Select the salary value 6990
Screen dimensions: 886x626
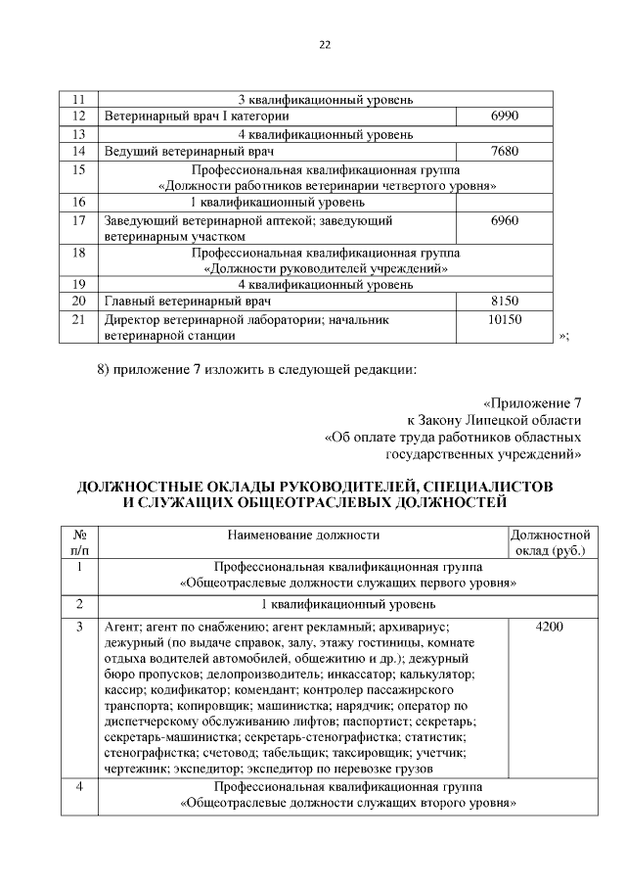point(504,117)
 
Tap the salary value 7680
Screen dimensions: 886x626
point(504,152)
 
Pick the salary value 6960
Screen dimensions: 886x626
point(504,220)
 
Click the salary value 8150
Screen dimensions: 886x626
point(504,301)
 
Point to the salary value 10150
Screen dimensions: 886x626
point(504,319)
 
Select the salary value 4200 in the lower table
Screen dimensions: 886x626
point(549,626)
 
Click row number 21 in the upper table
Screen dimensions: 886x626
point(80,319)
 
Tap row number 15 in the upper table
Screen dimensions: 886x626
point(80,169)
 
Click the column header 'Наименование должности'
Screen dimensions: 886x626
point(303,535)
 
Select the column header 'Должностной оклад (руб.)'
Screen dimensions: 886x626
point(550,543)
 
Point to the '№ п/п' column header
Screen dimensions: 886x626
point(80,543)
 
